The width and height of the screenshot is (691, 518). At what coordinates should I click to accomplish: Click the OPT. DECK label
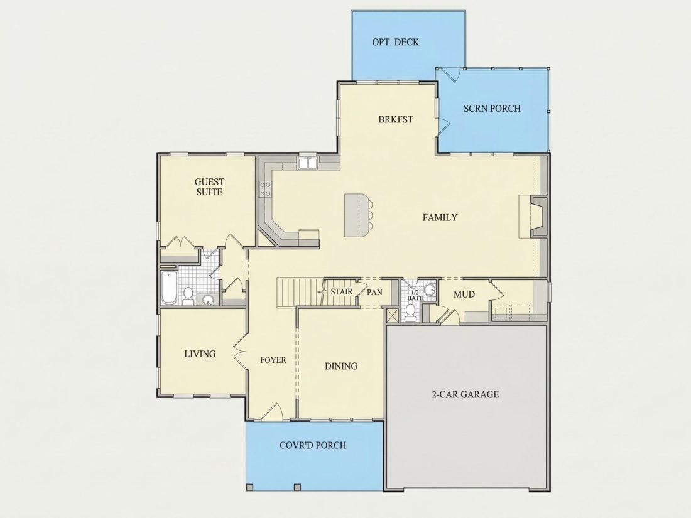pyautogui.click(x=395, y=42)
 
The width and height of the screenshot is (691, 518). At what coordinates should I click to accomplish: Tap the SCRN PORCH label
pyautogui.click(x=492, y=109)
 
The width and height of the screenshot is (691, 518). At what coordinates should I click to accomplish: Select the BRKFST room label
pyautogui.click(x=396, y=119)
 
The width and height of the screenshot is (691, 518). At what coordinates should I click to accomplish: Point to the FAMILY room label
pyautogui.click(x=440, y=217)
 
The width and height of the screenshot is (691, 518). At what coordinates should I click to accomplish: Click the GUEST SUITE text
pyautogui.click(x=209, y=186)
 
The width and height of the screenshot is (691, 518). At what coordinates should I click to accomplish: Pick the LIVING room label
pyautogui.click(x=200, y=353)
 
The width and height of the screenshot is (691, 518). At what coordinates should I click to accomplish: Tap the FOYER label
pyautogui.click(x=273, y=360)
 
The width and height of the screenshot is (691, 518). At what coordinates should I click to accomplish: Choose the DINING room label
pyautogui.click(x=340, y=366)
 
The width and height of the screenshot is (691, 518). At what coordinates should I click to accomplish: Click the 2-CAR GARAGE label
pyautogui.click(x=465, y=394)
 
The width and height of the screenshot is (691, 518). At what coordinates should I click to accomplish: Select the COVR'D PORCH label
pyautogui.click(x=313, y=445)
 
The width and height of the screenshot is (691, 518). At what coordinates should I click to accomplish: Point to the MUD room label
pyautogui.click(x=464, y=294)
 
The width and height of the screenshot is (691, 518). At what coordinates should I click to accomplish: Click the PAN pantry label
pyautogui.click(x=374, y=292)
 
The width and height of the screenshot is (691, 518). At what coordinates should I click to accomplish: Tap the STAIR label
pyautogui.click(x=342, y=291)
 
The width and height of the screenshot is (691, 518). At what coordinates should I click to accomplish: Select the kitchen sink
pyautogui.click(x=308, y=163)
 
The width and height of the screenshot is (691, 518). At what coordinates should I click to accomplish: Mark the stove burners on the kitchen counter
pyautogui.click(x=265, y=189)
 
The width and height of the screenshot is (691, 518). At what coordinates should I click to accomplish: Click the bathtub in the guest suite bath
pyautogui.click(x=169, y=288)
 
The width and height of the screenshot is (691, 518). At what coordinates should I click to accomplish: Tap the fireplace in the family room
pyautogui.click(x=538, y=217)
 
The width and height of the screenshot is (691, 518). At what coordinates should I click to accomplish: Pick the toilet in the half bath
pyautogui.click(x=410, y=312)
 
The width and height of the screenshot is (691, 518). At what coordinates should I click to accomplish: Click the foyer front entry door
pyautogui.click(x=273, y=411)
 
